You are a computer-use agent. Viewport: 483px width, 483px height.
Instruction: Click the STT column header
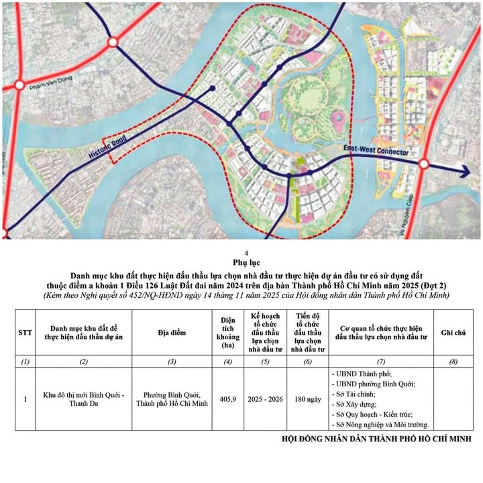pos(25,332)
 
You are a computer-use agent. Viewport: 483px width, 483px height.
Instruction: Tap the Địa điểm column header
pos(172,332)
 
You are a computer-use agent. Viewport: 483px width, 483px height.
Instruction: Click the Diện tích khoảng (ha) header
pos(229,332)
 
